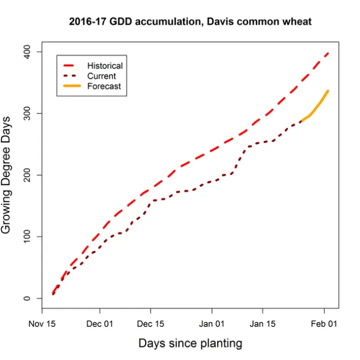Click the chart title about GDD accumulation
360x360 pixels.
(x=190, y=22)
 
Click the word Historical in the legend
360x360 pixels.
(x=105, y=66)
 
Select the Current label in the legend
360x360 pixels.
(x=101, y=76)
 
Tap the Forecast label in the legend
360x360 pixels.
(x=103, y=86)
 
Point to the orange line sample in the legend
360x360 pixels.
(x=73, y=86)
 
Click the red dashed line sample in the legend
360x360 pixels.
(x=73, y=66)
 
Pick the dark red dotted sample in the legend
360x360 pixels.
(x=73, y=76)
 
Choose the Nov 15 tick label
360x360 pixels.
(x=43, y=324)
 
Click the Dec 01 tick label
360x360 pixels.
(x=100, y=324)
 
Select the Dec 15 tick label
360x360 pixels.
(x=151, y=324)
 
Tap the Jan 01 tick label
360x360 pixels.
(x=212, y=324)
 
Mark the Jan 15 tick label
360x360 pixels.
(x=263, y=324)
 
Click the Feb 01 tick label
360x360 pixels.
(x=324, y=324)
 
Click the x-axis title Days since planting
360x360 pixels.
(x=190, y=343)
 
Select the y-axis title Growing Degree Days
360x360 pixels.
(x=7, y=175)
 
